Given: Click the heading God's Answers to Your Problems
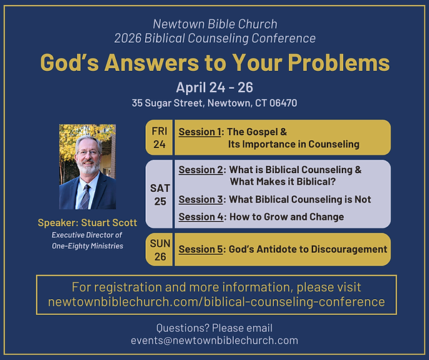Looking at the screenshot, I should tap(214, 63).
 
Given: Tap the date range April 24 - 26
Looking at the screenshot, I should tap(214, 87).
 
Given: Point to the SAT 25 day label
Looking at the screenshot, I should tap(159, 194).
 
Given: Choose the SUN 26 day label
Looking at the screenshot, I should tap(159, 250).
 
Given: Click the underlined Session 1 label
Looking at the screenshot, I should tap(201, 132).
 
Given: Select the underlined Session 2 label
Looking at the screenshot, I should tap(201, 170).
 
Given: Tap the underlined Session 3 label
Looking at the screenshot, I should tap(201, 199).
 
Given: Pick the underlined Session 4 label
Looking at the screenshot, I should tap(201, 217).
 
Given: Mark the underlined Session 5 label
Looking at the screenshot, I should tap(201, 250).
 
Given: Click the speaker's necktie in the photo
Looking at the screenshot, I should tap(86, 194).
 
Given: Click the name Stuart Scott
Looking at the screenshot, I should tap(108, 223).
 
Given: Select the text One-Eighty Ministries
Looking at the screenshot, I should tap(87, 246).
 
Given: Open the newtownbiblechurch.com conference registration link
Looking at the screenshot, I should tap(216, 302).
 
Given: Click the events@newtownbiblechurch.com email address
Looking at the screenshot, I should tap(214, 341).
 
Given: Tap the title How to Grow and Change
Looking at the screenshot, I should tap(286, 217).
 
